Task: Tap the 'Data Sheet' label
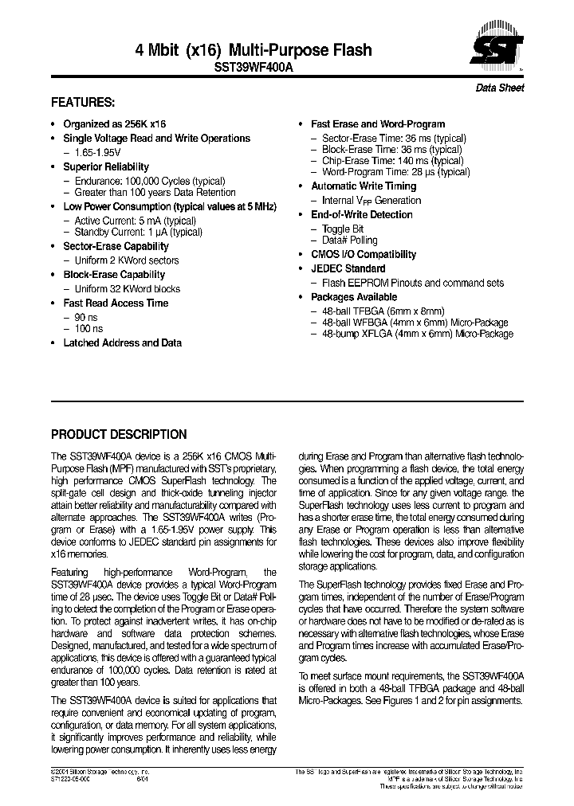point(500,88)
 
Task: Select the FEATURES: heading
point(83,103)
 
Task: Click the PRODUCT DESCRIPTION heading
point(119,435)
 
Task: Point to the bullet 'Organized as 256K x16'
point(114,124)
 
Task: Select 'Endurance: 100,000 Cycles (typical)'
point(149,181)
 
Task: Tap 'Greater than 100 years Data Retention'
point(155,192)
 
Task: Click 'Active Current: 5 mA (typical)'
point(135,221)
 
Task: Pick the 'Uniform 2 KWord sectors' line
point(126,260)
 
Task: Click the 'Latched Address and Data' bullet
point(122,342)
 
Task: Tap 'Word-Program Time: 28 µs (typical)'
point(395,171)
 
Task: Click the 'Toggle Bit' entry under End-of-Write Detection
point(343,229)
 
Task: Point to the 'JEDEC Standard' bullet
point(348,268)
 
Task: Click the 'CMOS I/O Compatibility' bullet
point(363,254)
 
